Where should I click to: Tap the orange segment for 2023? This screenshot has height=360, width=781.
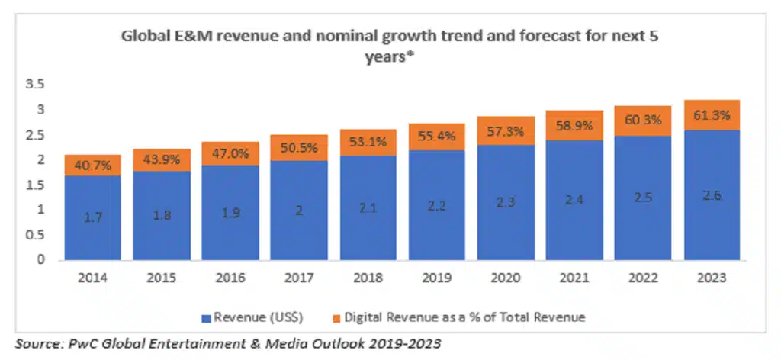coord(711,114)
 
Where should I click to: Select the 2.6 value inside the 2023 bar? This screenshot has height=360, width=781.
coord(711,196)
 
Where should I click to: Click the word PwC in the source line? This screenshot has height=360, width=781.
coord(85,344)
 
